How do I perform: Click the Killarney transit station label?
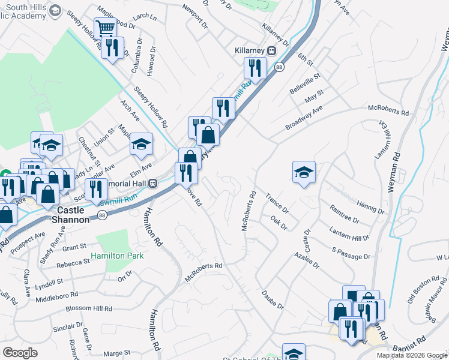point(252,50)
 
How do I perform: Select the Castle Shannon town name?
point(73,215)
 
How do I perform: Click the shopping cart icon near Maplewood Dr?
point(105,28)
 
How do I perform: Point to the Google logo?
point(20,353)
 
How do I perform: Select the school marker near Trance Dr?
point(304,172)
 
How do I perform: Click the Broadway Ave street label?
point(304,118)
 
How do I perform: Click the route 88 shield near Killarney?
point(279,68)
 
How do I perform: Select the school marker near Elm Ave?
point(141,144)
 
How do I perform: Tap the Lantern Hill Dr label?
point(349,233)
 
